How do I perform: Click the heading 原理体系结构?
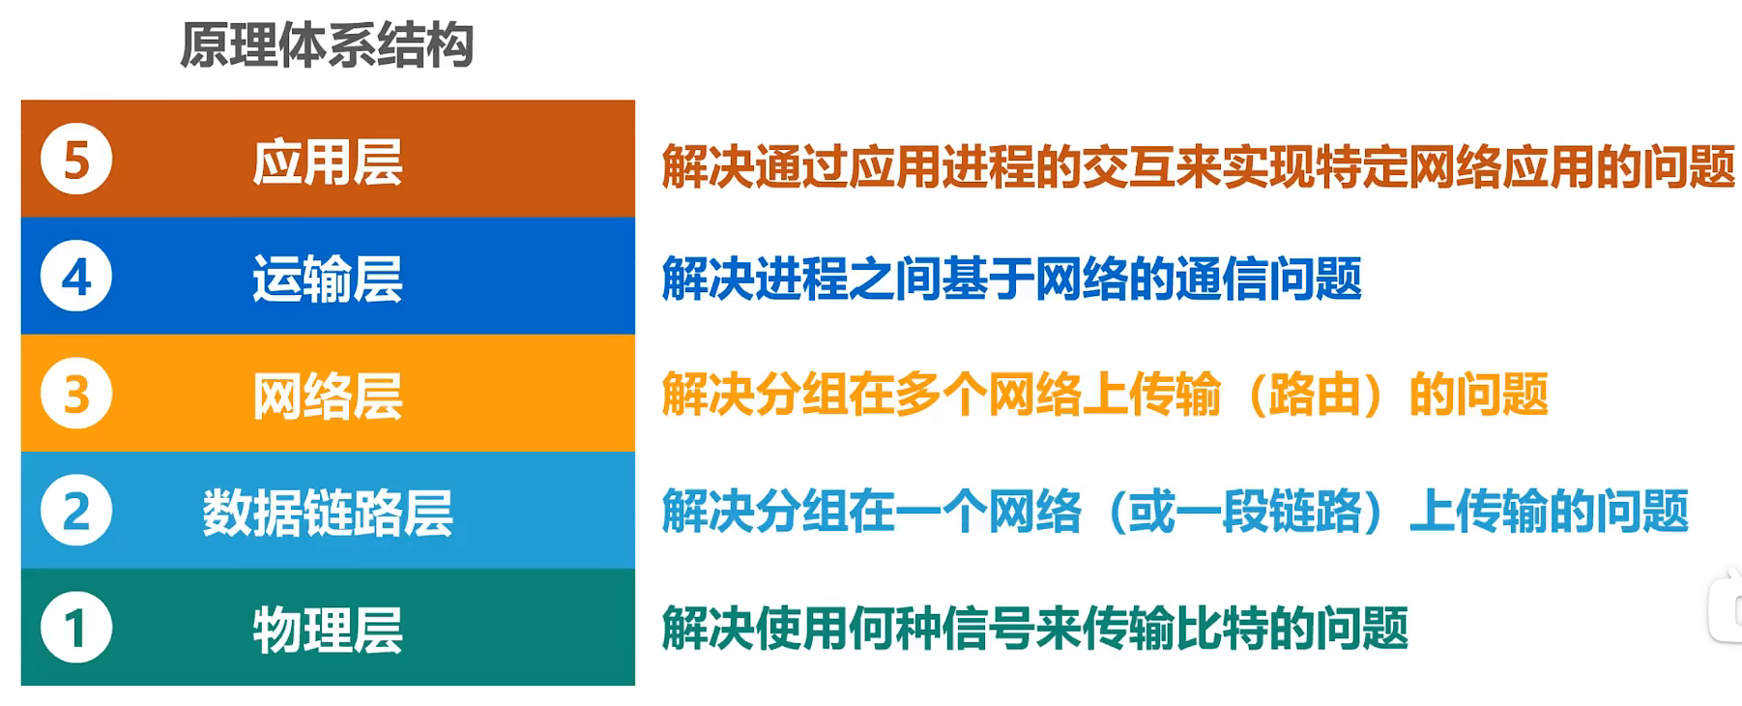tap(327, 45)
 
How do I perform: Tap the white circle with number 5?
tap(76, 160)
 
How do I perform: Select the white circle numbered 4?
tap(76, 277)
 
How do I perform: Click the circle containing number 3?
tap(76, 394)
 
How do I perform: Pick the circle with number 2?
tap(76, 511)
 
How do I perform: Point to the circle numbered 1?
tap(76, 628)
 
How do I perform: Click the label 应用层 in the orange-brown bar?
tap(328, 162)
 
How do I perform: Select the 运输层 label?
tap(328, 279)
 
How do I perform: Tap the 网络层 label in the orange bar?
tap(328, 396)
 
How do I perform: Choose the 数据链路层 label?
tap(328, 513)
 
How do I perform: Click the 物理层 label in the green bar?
tap(328, 630)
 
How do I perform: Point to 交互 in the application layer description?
tap(1127, 166)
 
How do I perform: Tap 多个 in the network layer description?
tap(941, 396)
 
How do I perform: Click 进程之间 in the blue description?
tap(848, 279)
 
